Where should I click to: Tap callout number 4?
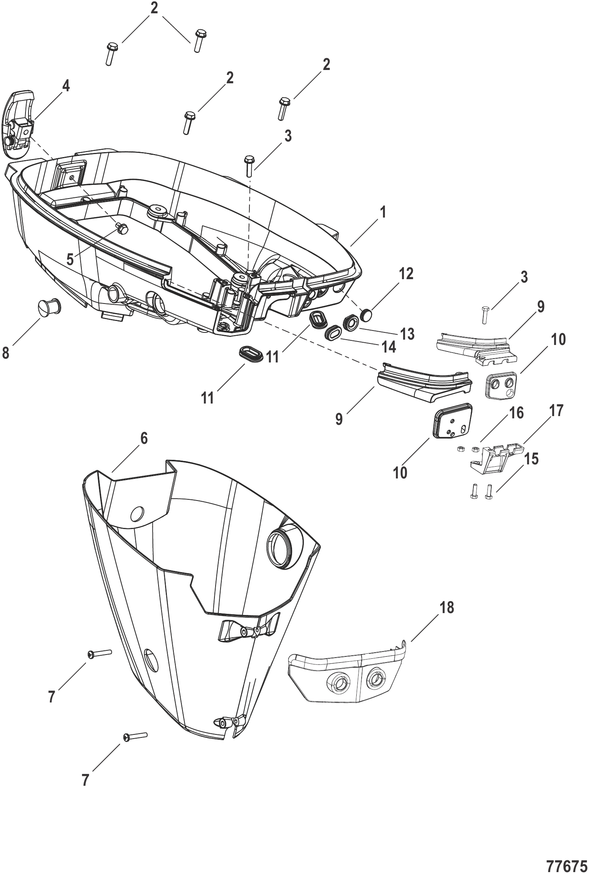tap(66, 87)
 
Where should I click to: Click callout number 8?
tap(6, 353)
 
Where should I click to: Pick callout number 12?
tap(406, 273)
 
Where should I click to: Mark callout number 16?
tap(517, 413)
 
